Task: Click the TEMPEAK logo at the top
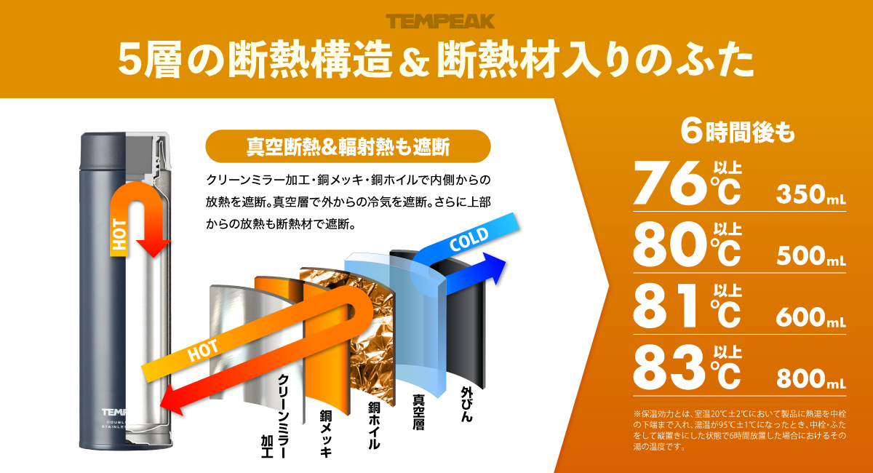tap(440, 21)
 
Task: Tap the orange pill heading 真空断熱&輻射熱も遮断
tap(348, 146)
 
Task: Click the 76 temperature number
tap(669, 183)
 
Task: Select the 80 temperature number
tap(669, 244)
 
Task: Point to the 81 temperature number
tap(665, 306)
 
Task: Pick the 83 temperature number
tap(669, 367)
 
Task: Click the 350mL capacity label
tap(811, 194)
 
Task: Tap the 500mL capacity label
tap(811, 256)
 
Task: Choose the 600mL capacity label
tap(811, 317)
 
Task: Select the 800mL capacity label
tap(811, 378)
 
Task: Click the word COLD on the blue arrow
tap(469, 239)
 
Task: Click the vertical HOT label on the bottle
tap(119, 234)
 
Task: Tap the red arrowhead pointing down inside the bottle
tap(154, 249)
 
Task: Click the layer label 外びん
tap(466, 404)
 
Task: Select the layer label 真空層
tap(418, 412)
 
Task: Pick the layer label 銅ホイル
tap(374, 426)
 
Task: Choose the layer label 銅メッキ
tap(326, 433)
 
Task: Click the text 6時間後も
tap(738, 132)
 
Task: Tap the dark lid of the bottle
tap(103, 151)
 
